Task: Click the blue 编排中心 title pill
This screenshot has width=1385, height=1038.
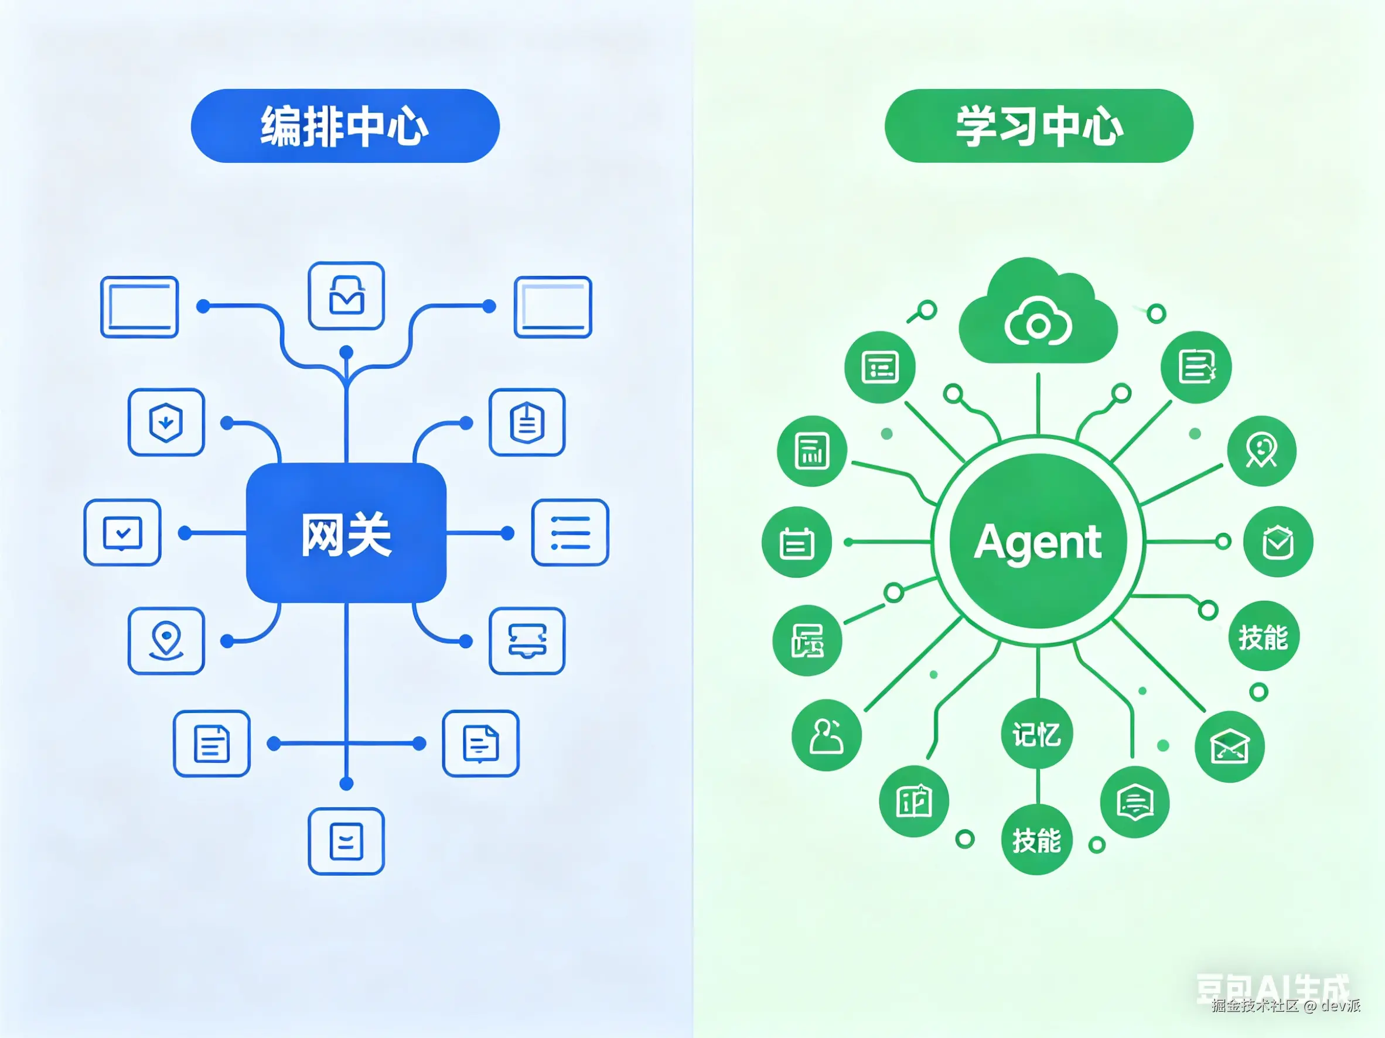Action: (345, 126)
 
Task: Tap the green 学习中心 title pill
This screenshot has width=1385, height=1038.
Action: (1038, 126)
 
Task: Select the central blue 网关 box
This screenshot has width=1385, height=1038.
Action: (346, 533)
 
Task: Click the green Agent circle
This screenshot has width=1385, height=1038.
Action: (1038, 541)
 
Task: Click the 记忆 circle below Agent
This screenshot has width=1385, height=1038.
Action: (1037, 734)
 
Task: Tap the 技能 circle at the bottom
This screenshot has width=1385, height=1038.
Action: (1037, 840)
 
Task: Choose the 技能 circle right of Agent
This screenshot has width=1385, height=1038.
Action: (1264, 637)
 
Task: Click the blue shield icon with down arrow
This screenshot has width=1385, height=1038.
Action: (166, 422)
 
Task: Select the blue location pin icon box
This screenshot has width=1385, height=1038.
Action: (166, 640)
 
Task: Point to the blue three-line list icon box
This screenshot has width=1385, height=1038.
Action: (570, 532)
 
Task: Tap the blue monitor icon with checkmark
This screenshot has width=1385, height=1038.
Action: (122, 532)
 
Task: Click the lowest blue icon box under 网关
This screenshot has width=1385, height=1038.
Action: (346, 841)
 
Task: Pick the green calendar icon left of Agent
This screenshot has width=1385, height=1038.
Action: (796, 542)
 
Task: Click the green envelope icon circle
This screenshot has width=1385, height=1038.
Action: (1229, 747)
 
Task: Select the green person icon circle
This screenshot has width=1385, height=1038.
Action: (827, 735)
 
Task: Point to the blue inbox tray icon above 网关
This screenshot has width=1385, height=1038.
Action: (346, 295)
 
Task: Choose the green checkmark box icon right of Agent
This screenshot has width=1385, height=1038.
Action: (1277, 542)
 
